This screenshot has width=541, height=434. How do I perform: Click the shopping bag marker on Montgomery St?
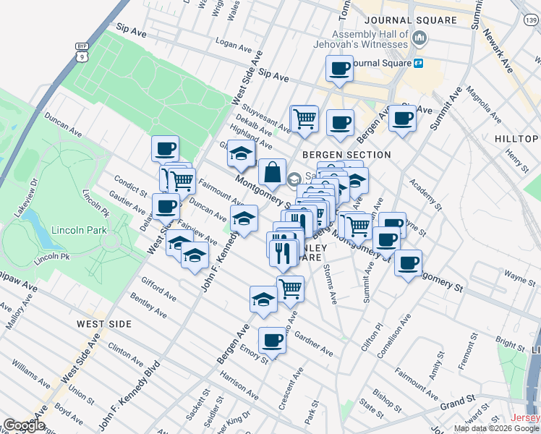click(271, 174)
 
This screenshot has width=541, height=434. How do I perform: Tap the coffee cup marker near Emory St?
click(272, 339)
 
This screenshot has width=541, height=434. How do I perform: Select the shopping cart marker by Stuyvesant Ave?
click(304, 118)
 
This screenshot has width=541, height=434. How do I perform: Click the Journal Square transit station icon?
click(418, 63)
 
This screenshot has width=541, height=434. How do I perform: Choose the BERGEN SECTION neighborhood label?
click(346, 155)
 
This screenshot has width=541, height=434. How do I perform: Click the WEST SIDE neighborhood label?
click(105, 324)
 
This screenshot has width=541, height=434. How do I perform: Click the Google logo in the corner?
click(25, 425)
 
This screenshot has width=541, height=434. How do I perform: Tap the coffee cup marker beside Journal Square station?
click(339, 69)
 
